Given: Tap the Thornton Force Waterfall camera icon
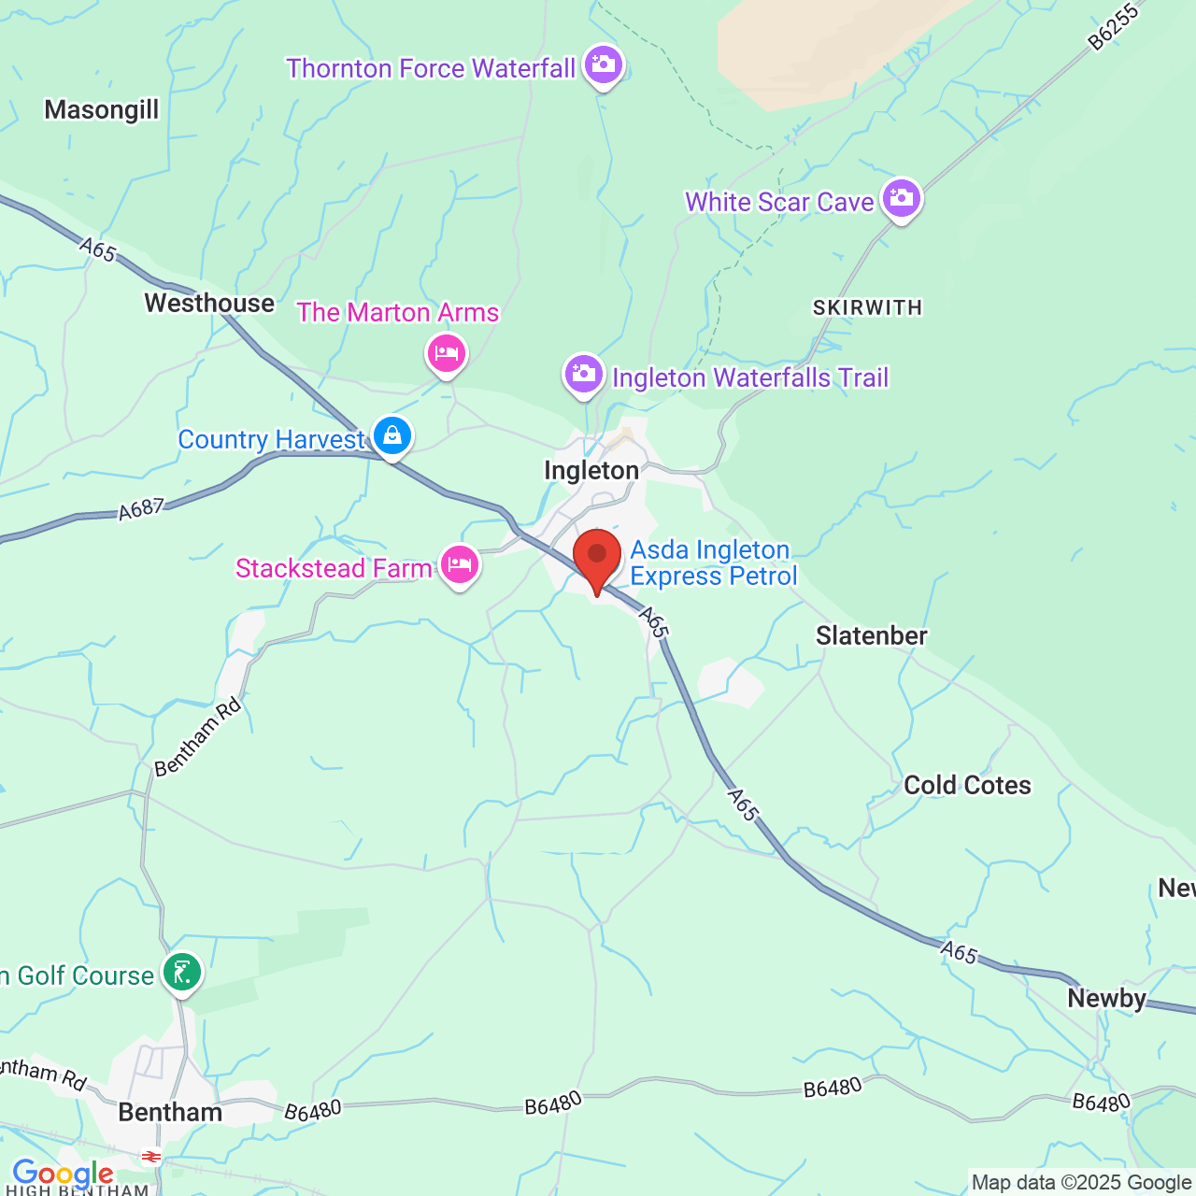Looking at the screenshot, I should (x=604, y=65).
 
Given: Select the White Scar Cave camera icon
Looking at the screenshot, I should (x=902, y=198).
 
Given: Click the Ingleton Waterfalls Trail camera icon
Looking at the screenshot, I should (x=584, y=375).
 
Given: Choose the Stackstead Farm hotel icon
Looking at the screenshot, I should (x=460, y=565).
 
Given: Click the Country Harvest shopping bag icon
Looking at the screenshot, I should (x=392, y=435).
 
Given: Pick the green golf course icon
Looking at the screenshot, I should (x=182, y=973).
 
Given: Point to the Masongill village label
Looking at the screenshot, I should (x=102, y=110).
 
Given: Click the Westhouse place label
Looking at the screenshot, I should (x=209, y=304).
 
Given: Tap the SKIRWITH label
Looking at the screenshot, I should (x=867, y=307).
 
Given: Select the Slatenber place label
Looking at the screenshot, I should (x=871, y=636).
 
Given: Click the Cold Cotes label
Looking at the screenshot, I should (x=967, y=785).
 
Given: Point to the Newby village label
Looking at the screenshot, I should (x=1106, y=998).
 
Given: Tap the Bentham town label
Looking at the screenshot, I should (x=170, y=1112).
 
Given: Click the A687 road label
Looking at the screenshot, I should (x=141, y=509).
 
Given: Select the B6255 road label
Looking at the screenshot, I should (x=1114, y=27).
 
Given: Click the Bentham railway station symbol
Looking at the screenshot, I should (x=150, y=1157).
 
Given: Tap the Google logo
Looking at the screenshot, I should (x=63, y=1174).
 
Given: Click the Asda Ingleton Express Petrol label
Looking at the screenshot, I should (x=713, y=562).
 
